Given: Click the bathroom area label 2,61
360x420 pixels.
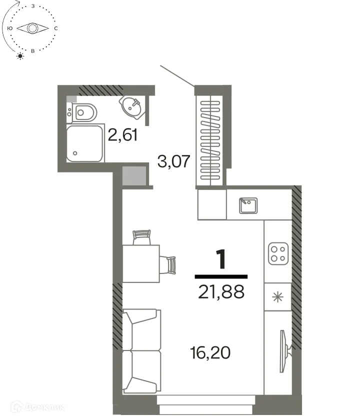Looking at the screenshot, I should (122, 135).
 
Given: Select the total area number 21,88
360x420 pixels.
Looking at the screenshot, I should (221, 291).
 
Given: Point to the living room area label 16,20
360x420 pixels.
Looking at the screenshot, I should (210, 353).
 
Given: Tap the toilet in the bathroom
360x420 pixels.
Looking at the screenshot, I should (82, 112).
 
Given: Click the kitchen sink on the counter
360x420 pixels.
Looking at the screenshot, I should (247, 205).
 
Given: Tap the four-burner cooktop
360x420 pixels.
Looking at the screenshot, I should (277, 254).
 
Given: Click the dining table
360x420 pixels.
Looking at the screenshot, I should (141, 263).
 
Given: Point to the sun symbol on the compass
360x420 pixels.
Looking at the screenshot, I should (20, 56).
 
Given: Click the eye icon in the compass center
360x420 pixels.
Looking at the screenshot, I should (32, 28).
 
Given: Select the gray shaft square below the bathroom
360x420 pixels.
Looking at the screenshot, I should (133, 176).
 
